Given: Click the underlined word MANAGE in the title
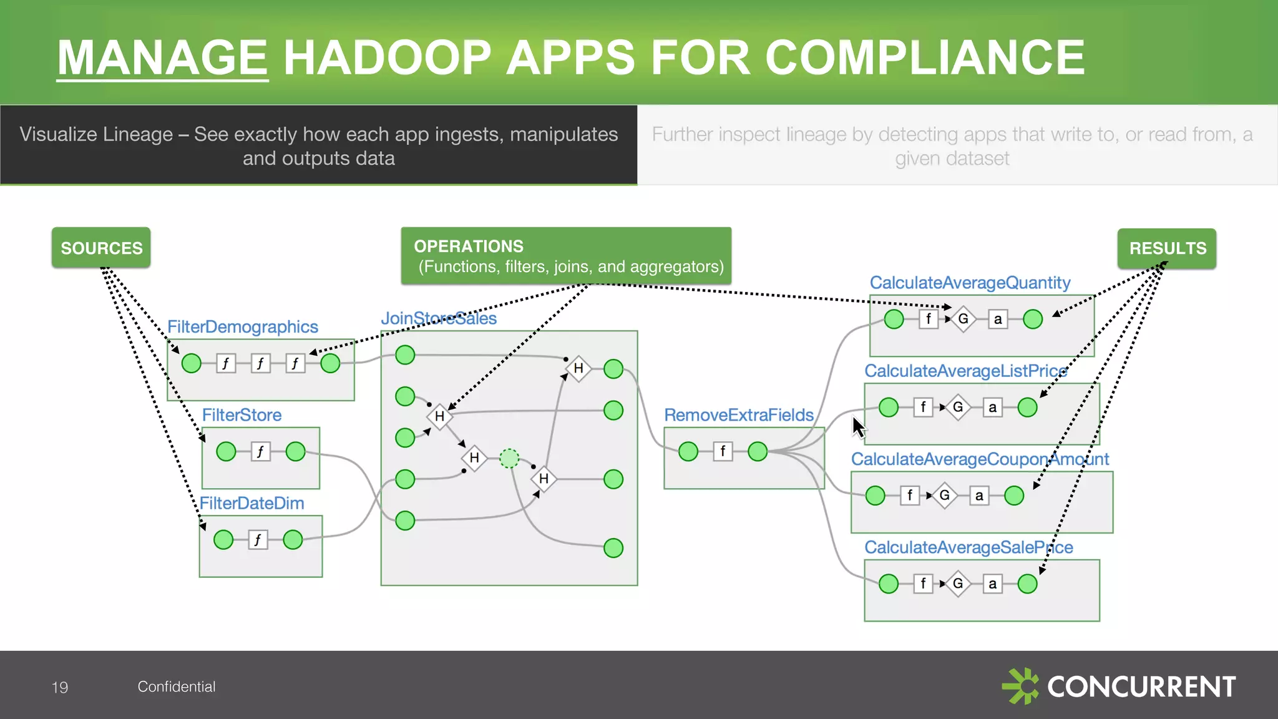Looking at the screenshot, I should [x=162, y=57].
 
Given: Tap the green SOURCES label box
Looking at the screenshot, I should [x=101, y=248].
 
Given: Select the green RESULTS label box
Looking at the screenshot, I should [x=1166, y=248].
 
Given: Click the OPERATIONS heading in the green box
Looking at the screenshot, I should [x=469, y=246].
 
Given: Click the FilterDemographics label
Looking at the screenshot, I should [x=242, y=326].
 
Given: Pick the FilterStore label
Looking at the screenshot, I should [x=241, y=415].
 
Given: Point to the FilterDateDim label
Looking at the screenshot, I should [x=251, y=503].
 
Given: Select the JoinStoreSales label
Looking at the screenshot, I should [x=438, y=318].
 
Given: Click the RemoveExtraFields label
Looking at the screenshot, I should [x=738, y=415].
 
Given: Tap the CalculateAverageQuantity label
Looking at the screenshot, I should [x=970, y=283].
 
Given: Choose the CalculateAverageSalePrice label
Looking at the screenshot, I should [x=968, y=547].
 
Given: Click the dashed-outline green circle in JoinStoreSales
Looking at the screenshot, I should [x=509, y=458].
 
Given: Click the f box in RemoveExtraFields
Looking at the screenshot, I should [x=723, y=451].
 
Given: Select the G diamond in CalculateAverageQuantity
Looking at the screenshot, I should [x=963, y=319].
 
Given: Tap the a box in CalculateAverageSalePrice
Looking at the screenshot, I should [x=992, y=584].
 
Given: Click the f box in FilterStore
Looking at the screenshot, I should [x=260, y=451].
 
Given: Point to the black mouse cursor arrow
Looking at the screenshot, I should [x=859, y=428].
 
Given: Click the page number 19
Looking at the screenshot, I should [x=60, y=687].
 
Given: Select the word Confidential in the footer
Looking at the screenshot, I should [x=177, y=687].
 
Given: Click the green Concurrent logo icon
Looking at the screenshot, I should [x=1020, y=686].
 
